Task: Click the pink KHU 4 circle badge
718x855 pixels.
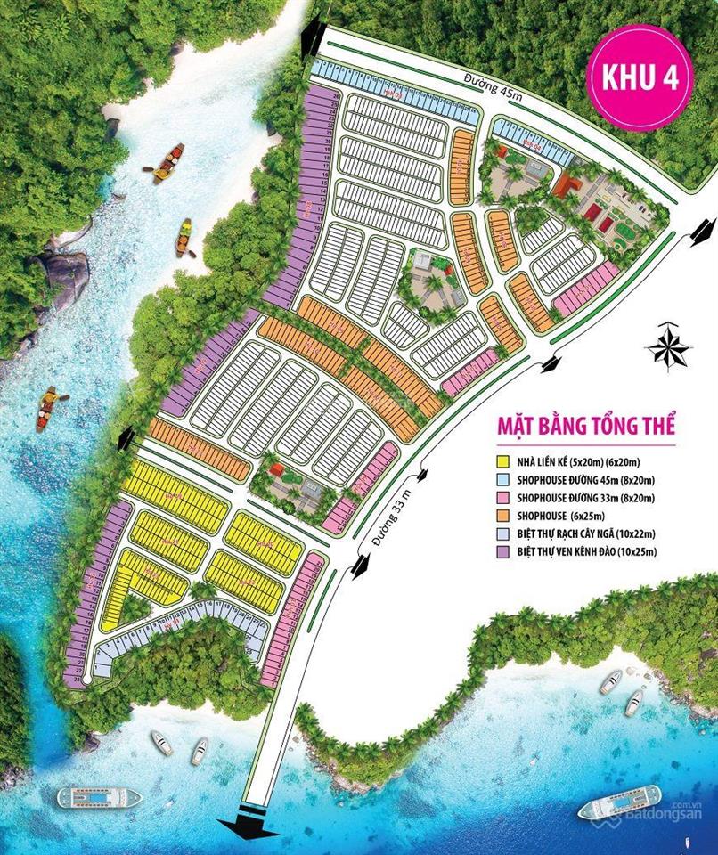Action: click(640, 77)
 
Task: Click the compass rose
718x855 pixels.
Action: click(669, 346)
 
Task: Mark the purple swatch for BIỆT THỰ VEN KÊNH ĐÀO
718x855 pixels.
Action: click(504, 552)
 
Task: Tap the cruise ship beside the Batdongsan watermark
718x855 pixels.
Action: click(619, 802)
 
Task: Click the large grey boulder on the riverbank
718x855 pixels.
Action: click(66, 275)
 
